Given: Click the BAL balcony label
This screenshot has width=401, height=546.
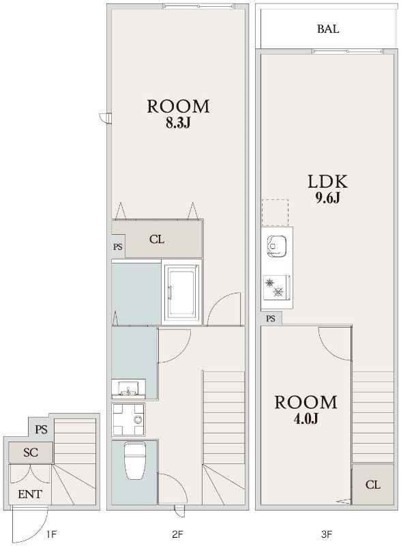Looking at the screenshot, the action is click(x=327, y=29).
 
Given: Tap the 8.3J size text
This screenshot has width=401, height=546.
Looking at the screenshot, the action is click(x=178, y=124).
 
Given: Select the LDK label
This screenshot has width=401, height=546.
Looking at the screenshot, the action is click(x=327, y=182).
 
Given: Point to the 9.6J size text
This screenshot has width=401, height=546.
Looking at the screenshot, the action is click(x=327, y=198).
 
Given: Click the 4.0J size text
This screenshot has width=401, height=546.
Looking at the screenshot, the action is click(x=306, y=418).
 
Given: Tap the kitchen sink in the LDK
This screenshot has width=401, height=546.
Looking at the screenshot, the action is click(x=277, y=246).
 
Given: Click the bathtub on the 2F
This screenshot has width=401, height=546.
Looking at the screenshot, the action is click(x=181, y=292).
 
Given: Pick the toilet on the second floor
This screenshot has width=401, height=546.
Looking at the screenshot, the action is click(x=135, y=460).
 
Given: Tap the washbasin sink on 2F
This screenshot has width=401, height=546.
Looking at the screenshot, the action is click(x=128, y=388).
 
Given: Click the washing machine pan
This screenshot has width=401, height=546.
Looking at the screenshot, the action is click(x=128, y=419).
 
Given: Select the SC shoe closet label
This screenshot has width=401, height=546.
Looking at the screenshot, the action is click(x=31, y=452).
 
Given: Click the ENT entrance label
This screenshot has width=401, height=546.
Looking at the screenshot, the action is click(x=30, y=493).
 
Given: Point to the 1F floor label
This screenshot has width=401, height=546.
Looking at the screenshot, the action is click(x=51, y=534).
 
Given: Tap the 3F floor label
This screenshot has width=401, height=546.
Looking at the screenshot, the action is click(x=327, y=534).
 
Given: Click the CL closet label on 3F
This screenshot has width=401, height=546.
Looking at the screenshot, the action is click(x=373, y=485).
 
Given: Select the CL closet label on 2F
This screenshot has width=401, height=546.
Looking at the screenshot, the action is click(x=157, y=240).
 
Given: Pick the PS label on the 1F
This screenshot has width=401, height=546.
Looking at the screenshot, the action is click(x=41, y=430).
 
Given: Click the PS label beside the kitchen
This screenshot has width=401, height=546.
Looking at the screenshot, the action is click(x=271, y=318).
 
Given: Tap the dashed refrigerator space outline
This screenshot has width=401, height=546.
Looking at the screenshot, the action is click(x=275, y=213).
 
